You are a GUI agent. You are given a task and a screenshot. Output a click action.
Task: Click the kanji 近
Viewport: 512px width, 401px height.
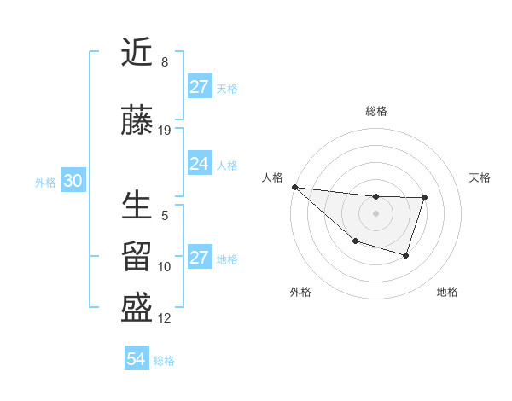[x=137, y=53]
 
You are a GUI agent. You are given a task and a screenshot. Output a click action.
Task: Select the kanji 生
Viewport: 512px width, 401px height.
[x=137, y=206]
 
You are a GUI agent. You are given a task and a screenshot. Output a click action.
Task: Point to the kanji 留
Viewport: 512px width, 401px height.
[x=137, y=256]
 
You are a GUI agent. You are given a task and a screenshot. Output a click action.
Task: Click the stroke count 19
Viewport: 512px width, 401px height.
[x=165, y=131]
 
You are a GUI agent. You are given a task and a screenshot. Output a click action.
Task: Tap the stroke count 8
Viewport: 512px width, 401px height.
[x=165, y=62]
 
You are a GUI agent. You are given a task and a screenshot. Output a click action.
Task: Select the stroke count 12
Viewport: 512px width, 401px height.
[x=165, y=318]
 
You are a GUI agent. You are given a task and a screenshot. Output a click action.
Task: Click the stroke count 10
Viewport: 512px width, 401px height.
[x=165, y=267]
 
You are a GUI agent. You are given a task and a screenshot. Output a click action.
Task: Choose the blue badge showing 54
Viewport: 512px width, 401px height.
[x=136, y=359]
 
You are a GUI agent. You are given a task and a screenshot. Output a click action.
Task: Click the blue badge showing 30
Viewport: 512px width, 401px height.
[x=73, y=181]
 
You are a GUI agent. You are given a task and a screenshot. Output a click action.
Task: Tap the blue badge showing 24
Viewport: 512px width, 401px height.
[x=199, y=164]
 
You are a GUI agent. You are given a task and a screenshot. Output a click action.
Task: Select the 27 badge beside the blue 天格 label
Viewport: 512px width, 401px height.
[x=199, y=87]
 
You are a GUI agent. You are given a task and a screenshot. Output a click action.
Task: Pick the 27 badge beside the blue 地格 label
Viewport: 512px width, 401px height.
[x=199, y=258]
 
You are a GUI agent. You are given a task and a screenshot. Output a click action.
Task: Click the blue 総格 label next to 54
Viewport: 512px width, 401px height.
[x=164, y=361]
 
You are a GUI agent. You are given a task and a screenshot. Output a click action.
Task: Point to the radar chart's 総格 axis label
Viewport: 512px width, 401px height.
[x=375, y=111]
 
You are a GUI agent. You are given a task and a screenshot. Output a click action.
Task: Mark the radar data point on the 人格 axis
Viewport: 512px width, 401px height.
[x=294, y=187]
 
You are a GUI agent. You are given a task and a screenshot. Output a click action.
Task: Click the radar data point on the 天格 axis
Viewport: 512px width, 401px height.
[x=424, y=198]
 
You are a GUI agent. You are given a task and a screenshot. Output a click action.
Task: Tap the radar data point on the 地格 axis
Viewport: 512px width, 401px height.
[x=406, y=255]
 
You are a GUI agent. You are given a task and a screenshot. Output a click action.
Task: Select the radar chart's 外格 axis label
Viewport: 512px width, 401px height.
[x=300, y=292]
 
